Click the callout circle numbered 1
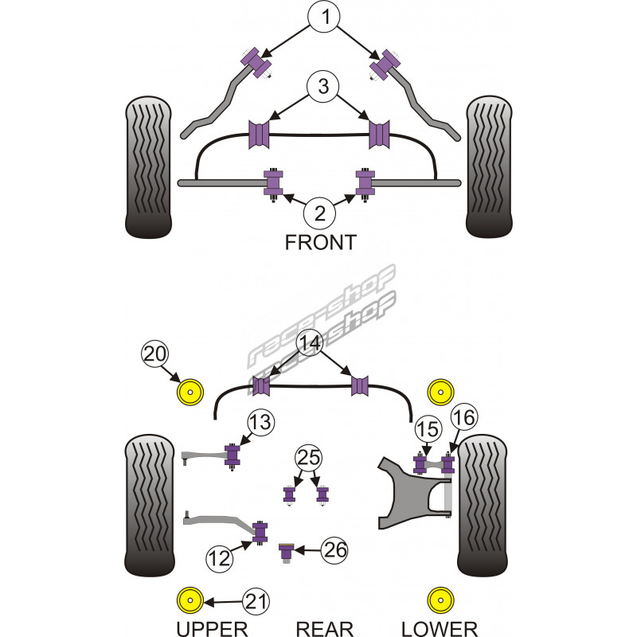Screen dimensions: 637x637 pos(324,17)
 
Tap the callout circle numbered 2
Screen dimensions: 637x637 pos(319,213)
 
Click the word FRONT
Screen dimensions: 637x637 pos(320,243)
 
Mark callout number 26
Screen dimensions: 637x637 pos(335,549)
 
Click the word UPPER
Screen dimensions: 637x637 pos(213,629)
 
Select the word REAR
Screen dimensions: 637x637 pos(324,629)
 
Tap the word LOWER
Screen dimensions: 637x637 pos(439,629)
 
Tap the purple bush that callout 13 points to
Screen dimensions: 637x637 pos(233,455)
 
